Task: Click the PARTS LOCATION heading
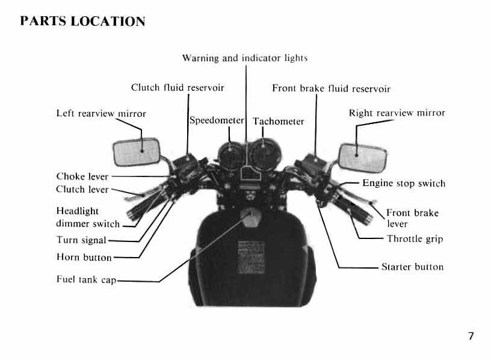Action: tap(82, 22)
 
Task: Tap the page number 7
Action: tap(471, 336)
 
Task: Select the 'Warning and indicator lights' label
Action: tap(245, 58)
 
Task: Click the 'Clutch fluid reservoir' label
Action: tap(178, 88)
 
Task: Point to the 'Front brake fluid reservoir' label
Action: tap(331, 88)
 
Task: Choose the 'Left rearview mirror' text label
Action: tap(101, 113)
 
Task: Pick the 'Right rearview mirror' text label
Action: tap(397, 113)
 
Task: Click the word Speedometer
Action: tap(217, 120)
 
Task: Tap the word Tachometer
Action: tap(278, 121)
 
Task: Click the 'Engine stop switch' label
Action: tap(404, 183)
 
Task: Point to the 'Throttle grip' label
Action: tap(415, 239)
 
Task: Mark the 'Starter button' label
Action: tap(412, 267)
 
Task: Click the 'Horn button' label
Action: tap(84, 258)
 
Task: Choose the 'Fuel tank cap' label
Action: tap(86, 280)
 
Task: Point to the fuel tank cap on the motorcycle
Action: tap(247, 217)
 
